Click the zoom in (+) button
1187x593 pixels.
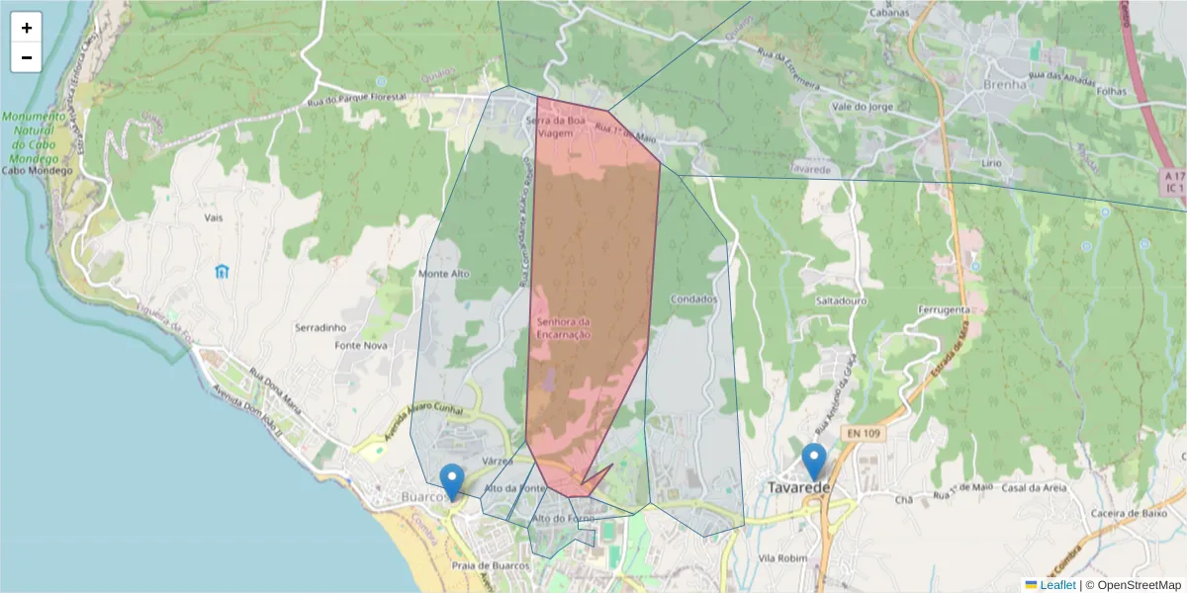click(x=27, y=28)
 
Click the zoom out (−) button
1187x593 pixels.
click(x=27, y=57)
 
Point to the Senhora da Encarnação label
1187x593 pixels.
click(x=563, y=328)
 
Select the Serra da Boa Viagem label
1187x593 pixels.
click(x=550, y=126)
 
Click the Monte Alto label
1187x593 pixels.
click(x=444, y=274)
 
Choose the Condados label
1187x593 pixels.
click(x=693, y=298)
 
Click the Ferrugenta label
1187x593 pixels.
click(x=944, y=309)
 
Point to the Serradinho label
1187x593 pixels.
click(x=320, y=326)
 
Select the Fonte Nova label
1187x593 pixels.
click(x=361, y=345)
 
